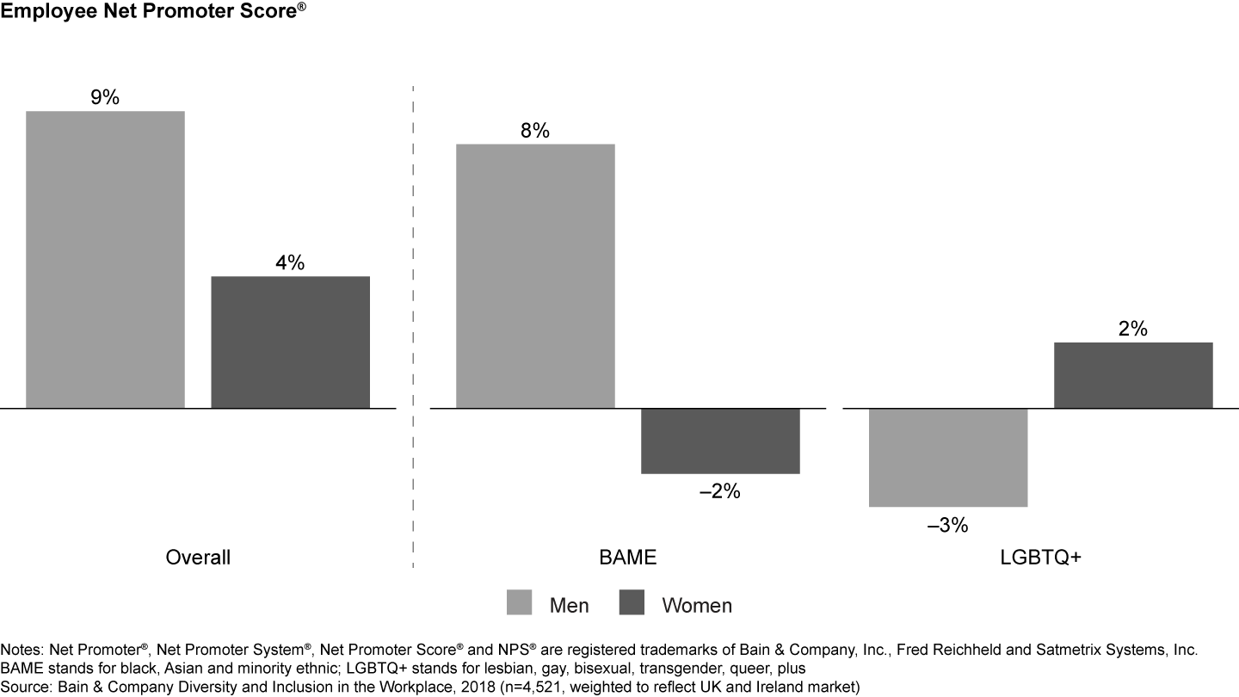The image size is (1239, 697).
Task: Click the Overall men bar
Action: pos(105,259)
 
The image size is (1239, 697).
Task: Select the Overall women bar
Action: pos(290,342)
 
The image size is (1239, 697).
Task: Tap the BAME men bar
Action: pos(535,275)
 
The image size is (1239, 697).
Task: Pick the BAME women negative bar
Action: pos(720,441)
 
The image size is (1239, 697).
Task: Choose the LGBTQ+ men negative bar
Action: pos(948,457)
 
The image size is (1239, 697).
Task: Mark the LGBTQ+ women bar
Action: pos(1133,375)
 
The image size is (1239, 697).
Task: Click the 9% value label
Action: pos(105,97)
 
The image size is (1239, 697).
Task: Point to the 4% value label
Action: pos(290,263)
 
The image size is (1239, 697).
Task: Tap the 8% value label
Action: pos(535,131)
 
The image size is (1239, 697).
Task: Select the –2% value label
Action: pos(719,492)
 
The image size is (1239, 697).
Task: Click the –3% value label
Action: pos(947,525)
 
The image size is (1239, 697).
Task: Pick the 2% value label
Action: pos(1133,329)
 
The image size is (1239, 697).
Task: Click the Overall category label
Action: pos(198,558)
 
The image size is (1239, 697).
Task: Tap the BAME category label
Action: pos(627,558)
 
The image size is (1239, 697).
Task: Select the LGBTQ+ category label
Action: pos(1040,558)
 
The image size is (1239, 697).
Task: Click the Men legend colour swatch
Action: pos(520,603)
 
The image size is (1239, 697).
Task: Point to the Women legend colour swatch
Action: pos(632,603)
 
